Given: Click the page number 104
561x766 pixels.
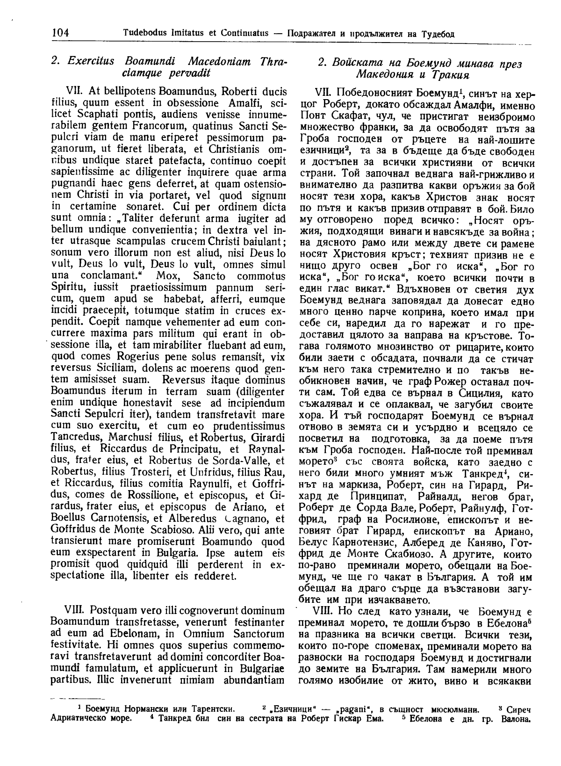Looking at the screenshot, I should [59, 33].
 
